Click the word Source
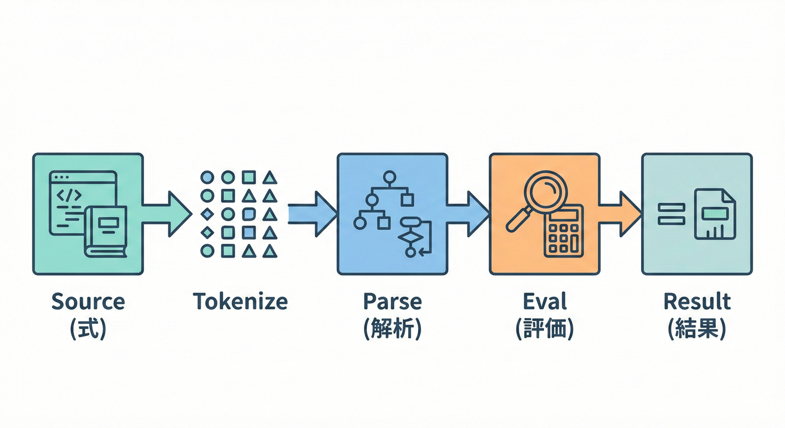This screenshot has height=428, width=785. coord(88,302)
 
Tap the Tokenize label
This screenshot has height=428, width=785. coord(240,302)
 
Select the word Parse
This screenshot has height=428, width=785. coord(392,302)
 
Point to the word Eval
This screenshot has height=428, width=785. coord(545,302)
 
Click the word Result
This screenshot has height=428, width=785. coord(697,302)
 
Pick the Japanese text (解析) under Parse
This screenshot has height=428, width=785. coord(392,329)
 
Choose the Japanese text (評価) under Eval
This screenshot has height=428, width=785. coord(545,329)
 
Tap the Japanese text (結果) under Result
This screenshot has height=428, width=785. coord(697,329)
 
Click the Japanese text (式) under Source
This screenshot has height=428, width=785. coord(88,329)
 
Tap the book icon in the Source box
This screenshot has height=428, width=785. coord(106,231)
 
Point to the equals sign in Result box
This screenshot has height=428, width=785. coord(671,214)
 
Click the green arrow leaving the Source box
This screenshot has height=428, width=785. coord(167,213)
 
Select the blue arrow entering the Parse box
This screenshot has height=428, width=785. coord(312,213)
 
